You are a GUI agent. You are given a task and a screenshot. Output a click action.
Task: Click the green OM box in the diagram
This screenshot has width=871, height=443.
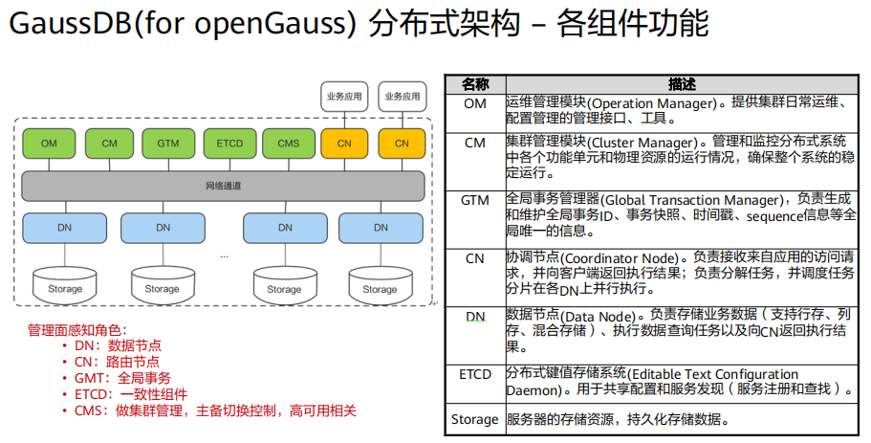click(49, 144)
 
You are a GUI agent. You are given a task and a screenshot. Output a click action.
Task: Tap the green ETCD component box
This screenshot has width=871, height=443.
click(229, 144)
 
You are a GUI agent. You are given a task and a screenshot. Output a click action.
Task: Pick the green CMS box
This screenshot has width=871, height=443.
click(289, 144)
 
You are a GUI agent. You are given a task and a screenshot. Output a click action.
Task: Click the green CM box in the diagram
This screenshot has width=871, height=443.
click(109, 144)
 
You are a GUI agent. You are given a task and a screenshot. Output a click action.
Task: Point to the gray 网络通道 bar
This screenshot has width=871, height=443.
click(223, 185)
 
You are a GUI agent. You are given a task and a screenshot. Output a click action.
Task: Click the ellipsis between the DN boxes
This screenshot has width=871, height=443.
click(224, 255)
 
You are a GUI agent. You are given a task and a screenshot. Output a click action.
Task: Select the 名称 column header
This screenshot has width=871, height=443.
click(475, 84)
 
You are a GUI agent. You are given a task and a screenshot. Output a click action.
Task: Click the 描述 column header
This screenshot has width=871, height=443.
click(682, 84)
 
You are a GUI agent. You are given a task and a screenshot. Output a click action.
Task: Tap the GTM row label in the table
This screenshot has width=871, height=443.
click(475, 200)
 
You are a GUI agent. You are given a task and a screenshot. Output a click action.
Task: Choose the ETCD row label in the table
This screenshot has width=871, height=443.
click(475, 373)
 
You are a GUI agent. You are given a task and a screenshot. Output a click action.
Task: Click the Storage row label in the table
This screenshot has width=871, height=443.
click(475, 419)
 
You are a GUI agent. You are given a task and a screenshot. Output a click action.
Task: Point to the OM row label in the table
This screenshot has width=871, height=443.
click(475, 102)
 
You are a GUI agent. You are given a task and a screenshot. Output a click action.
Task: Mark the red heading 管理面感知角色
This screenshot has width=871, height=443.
click(76, 329)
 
